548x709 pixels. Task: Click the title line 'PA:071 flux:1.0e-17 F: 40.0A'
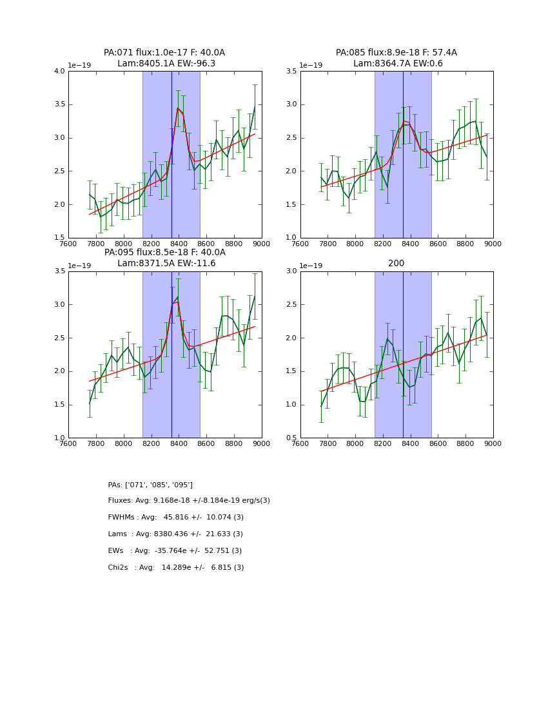[164, 53]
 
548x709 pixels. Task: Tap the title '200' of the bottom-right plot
[396, 264]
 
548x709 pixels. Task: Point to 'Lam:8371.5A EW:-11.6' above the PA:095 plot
[166, 264]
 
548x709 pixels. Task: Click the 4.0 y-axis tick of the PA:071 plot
[59, 71]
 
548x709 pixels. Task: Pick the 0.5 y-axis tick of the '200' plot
[291, 438]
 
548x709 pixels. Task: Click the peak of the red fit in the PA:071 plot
[178, 108]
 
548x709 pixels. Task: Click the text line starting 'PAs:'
[150, 485]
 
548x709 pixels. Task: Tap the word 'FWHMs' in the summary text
[122, 518]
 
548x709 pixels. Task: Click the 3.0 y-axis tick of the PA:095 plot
[59, 304]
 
